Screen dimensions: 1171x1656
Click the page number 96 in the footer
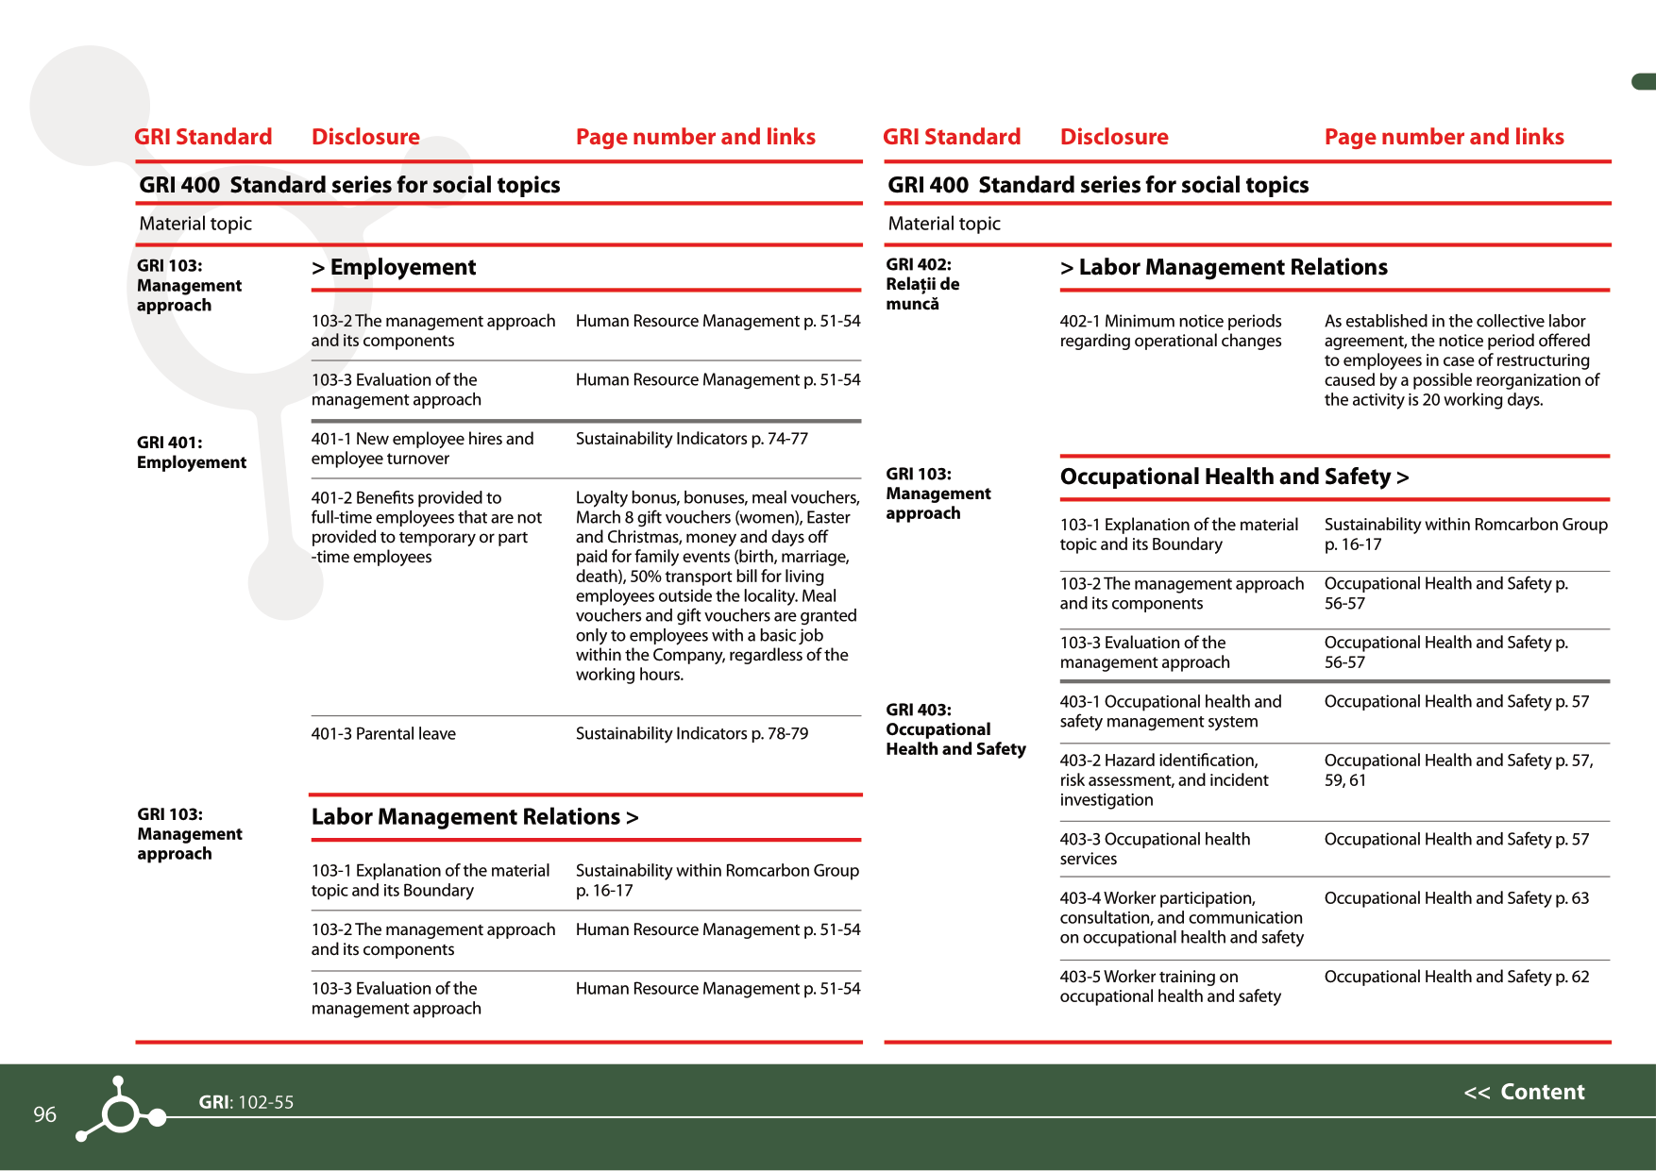coord(44,1114)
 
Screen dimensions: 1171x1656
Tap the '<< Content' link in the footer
coord(1524,1092)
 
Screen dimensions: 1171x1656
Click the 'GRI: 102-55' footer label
coord(245,1102)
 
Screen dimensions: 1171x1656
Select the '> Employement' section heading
coord(394,267)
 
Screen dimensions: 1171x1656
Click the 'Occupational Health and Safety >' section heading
coord(1234,477)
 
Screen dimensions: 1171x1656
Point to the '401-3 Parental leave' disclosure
coord(383,733)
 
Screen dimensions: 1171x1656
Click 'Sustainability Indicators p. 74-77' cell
coord(691,439)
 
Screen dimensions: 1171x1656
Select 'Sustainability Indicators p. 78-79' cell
coord(691,733)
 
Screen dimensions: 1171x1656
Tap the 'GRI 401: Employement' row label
coord(191,452)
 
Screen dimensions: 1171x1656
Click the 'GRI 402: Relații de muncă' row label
coord(921,284)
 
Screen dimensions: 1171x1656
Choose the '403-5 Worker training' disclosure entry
coord(1170,986)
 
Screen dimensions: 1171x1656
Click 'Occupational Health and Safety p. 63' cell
coord(1456,898)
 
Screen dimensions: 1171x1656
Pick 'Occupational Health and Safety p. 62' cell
coord(1456,977)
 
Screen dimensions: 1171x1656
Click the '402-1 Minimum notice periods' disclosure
coord(1170,331)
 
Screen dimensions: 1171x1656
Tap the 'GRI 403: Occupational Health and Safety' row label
coord(955,729)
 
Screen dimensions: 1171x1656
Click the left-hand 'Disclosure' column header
coord(365,137)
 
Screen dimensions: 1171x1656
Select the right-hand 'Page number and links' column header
coord(1444,137)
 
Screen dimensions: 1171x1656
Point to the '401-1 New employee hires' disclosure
coord(422,448)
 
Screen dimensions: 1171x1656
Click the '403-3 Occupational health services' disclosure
coord(1154,848)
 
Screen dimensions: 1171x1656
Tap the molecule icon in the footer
coord(121,1112)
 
